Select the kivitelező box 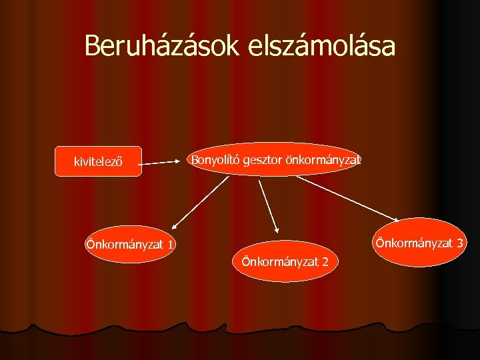click(x=98, y=161)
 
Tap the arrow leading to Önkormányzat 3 click(x=347, y=197)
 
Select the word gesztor click(x=263, y=160)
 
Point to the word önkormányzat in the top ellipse click(x=323, y=160)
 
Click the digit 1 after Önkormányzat click(x=171, y=245)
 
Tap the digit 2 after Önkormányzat click(x=324, y=261)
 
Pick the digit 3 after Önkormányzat click(x=460, y=243)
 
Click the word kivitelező click(x=98, y=161)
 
